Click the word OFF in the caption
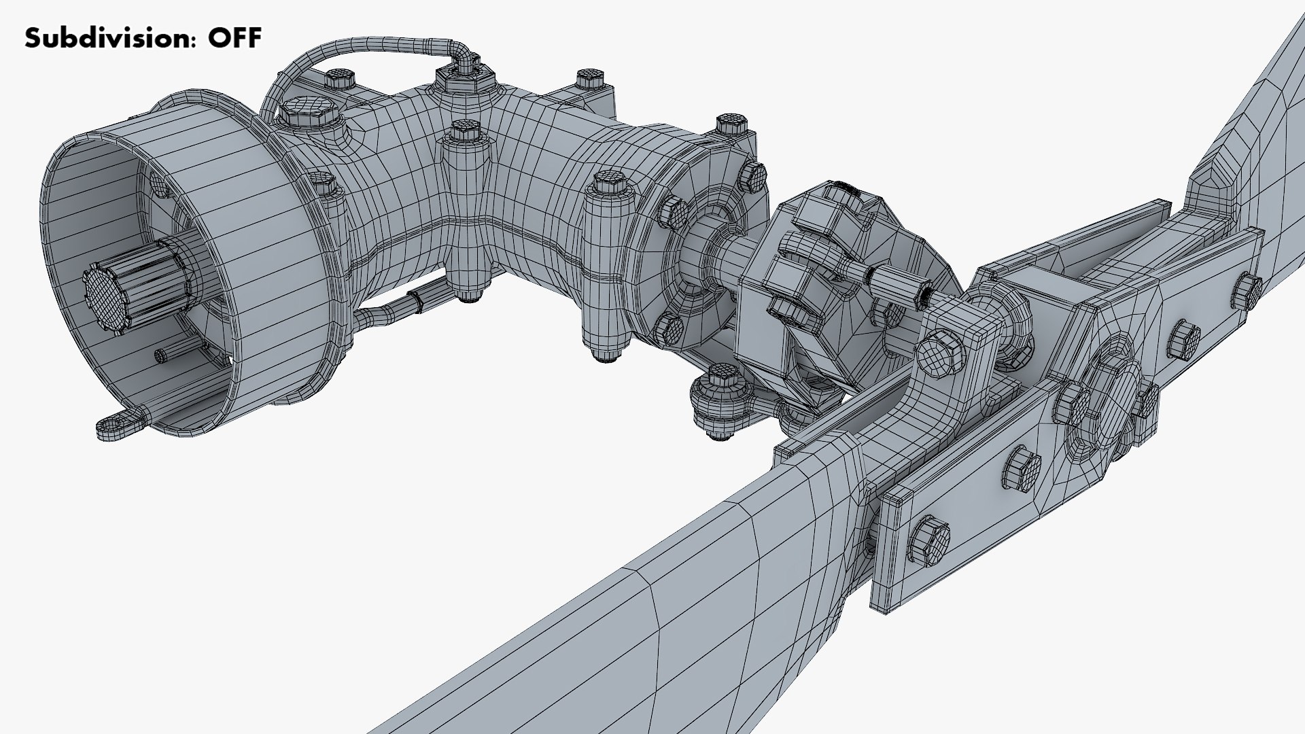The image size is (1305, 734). [234, 38]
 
